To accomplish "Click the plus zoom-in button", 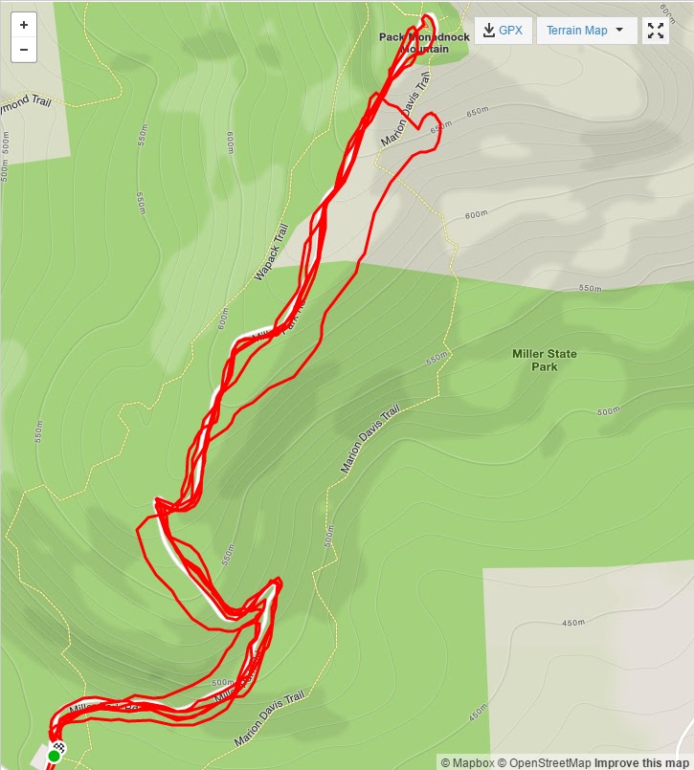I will [24, 25].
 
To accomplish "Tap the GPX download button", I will [504, 30].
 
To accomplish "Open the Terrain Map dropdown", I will [586, 30].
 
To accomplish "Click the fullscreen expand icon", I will [656, 30].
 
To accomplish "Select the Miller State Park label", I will [545, 361].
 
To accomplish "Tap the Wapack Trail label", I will [271, 253].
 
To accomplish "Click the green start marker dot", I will [54, 757].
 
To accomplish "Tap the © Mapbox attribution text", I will [466, 762].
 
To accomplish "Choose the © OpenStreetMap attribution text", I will [544, 762].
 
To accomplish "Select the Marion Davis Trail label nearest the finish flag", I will [268, 719].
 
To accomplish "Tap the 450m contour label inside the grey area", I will [572, 623].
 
